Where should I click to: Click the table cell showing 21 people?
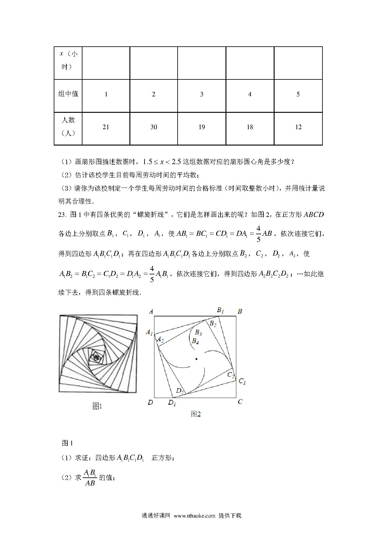[106, 127]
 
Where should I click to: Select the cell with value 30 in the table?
[154, 127]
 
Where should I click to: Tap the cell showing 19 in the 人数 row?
[202, 127]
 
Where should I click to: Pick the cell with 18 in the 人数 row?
[250, 127]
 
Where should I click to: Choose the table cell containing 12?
[298, 127]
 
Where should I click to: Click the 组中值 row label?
[68, 94]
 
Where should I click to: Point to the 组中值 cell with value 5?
[298, 94]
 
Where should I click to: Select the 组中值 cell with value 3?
[202, 94]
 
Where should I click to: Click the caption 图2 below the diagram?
[196, 414]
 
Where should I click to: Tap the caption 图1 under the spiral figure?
[97, 406]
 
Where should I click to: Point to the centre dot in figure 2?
[196, 359]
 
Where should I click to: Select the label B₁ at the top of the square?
[220, 310]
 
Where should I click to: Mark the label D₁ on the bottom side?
[172, 403]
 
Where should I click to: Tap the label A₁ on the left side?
[149, 332]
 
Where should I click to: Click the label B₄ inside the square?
[195, 341]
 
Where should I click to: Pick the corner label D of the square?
[150, 402]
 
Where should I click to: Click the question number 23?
[62, 214]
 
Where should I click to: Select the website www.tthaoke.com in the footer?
[194, 516]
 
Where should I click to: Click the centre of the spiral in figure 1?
[96, 358]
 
